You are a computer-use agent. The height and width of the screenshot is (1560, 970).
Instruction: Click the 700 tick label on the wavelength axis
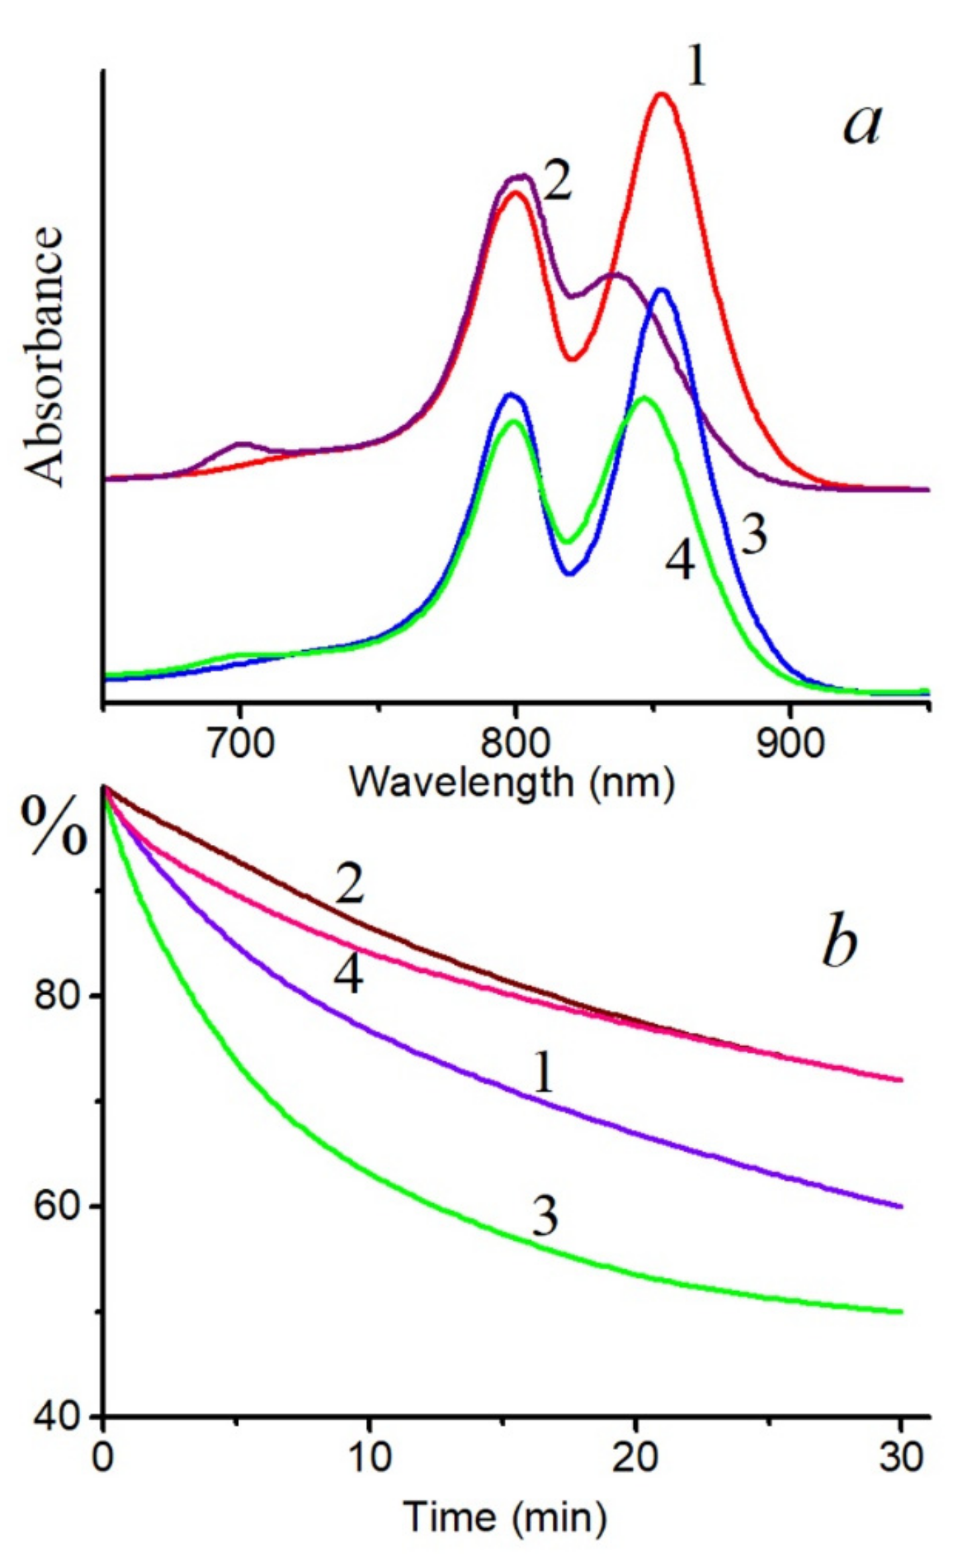(x=240, y=744)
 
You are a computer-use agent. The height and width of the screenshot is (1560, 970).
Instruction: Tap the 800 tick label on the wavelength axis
(x=515, y=744)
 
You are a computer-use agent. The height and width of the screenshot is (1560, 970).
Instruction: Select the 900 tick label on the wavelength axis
(x=790, y=744)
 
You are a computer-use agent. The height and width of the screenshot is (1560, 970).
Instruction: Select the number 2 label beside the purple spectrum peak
(x=557, y=183)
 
